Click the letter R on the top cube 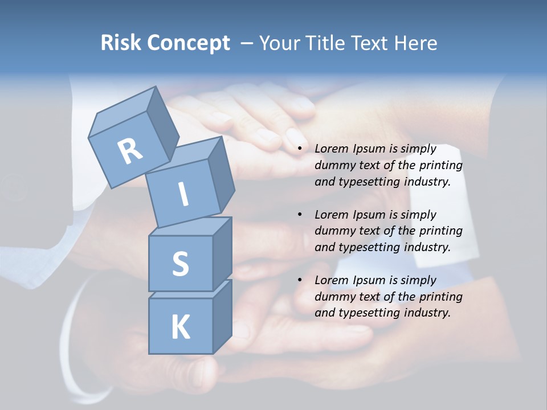130,151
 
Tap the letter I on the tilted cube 183,194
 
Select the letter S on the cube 180,264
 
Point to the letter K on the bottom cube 180,327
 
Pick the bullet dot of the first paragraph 300,149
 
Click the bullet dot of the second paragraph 300,215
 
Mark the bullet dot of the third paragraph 300,280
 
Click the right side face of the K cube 222,316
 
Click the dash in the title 248,43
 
